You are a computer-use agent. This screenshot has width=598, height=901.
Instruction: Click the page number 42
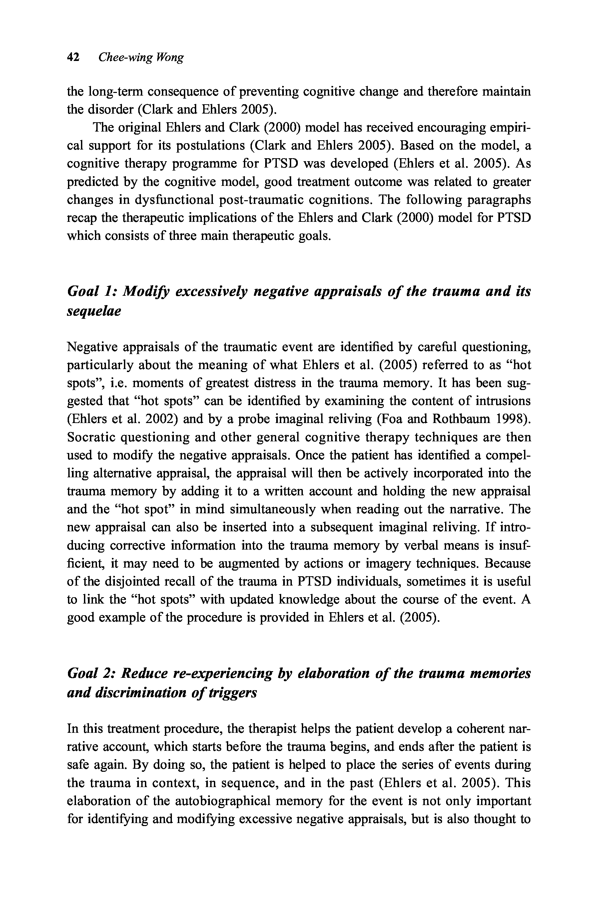(73, 58)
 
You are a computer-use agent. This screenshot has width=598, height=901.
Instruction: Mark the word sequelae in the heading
(94, 311)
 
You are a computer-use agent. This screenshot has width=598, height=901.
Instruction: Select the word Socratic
(90, 437)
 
